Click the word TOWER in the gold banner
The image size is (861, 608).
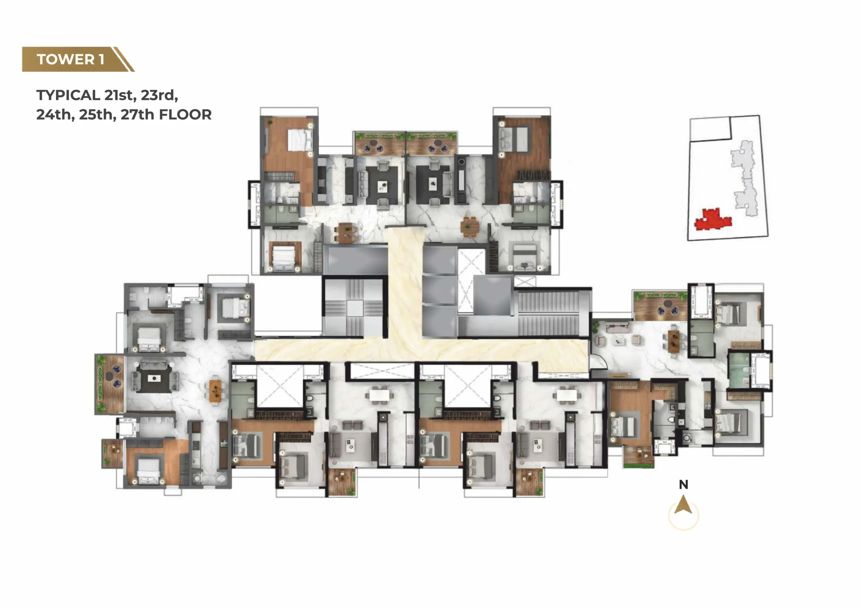[66, 59]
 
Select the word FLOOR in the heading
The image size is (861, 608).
[185, 114]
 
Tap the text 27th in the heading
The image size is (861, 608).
[138, 114]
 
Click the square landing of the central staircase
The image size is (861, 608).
[354, 308]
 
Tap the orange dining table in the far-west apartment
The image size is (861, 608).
[215, 391]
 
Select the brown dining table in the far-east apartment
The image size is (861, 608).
[674, 341]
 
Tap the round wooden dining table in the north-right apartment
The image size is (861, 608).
[470, 226]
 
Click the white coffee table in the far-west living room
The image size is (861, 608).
[154, 378]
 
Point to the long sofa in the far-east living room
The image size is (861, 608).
[617, 328]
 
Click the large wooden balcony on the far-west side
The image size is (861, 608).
[110, 384]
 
